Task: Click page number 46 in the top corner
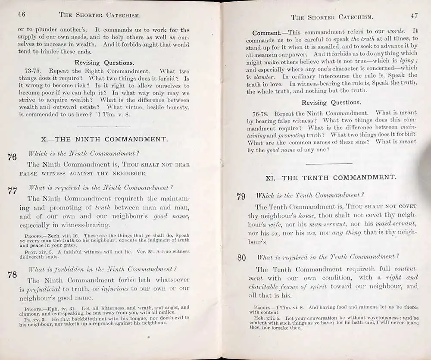coord(21,14)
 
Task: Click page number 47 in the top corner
coord(414,16)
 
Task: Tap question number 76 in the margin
coord(12,157)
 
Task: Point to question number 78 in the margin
coord(12,275)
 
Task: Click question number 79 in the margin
coord(241,197)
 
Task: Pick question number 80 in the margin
coord(241,258)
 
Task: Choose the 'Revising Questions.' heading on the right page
coord(331,103)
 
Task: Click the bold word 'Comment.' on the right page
coord(267,32)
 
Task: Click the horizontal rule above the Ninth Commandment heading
coord(103,126)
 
